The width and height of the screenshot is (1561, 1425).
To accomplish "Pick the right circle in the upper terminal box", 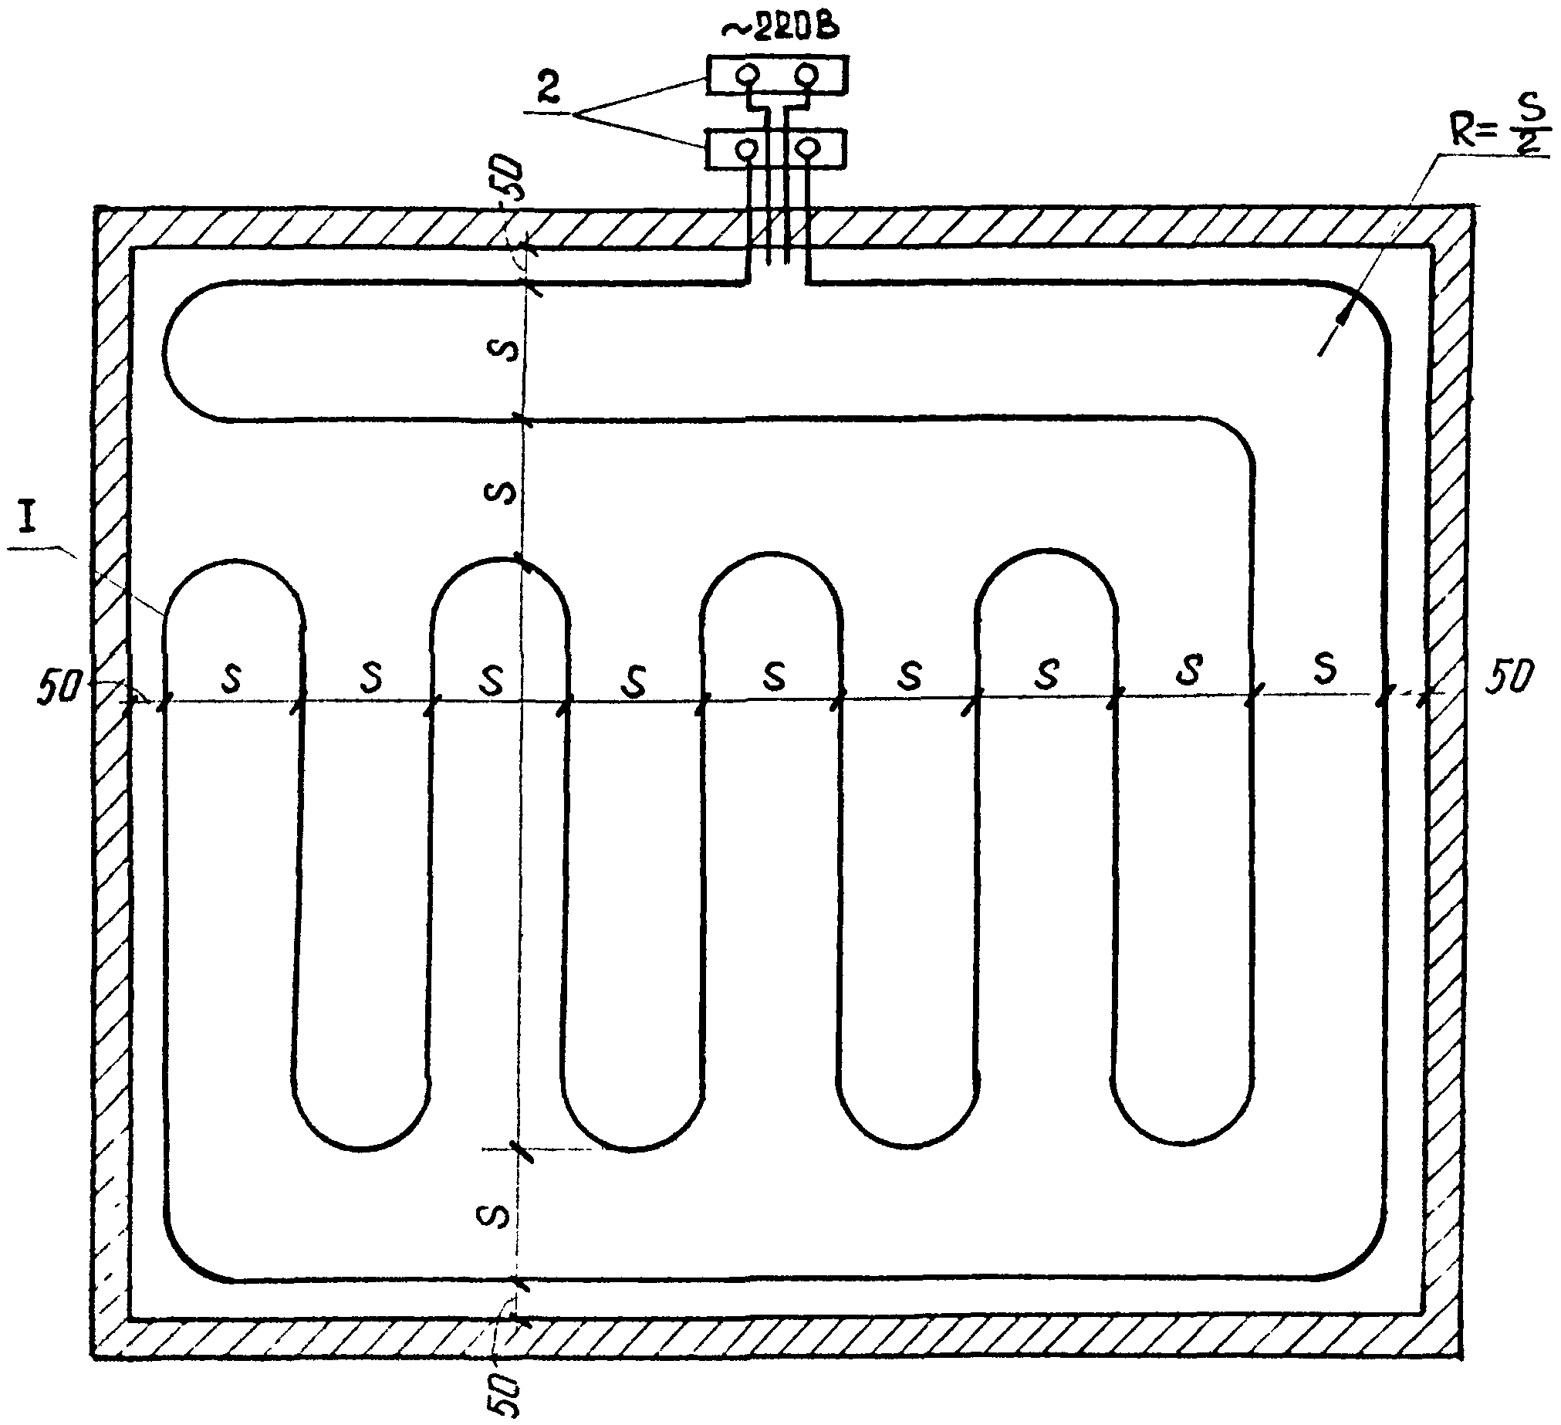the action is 807,75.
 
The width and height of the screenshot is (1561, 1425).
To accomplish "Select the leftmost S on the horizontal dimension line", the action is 231,679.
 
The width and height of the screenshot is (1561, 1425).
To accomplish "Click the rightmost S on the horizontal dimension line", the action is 1325,668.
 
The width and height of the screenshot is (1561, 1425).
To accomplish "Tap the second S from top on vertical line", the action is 502,492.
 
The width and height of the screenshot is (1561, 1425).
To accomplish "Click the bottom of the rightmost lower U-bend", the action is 1182,1143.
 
